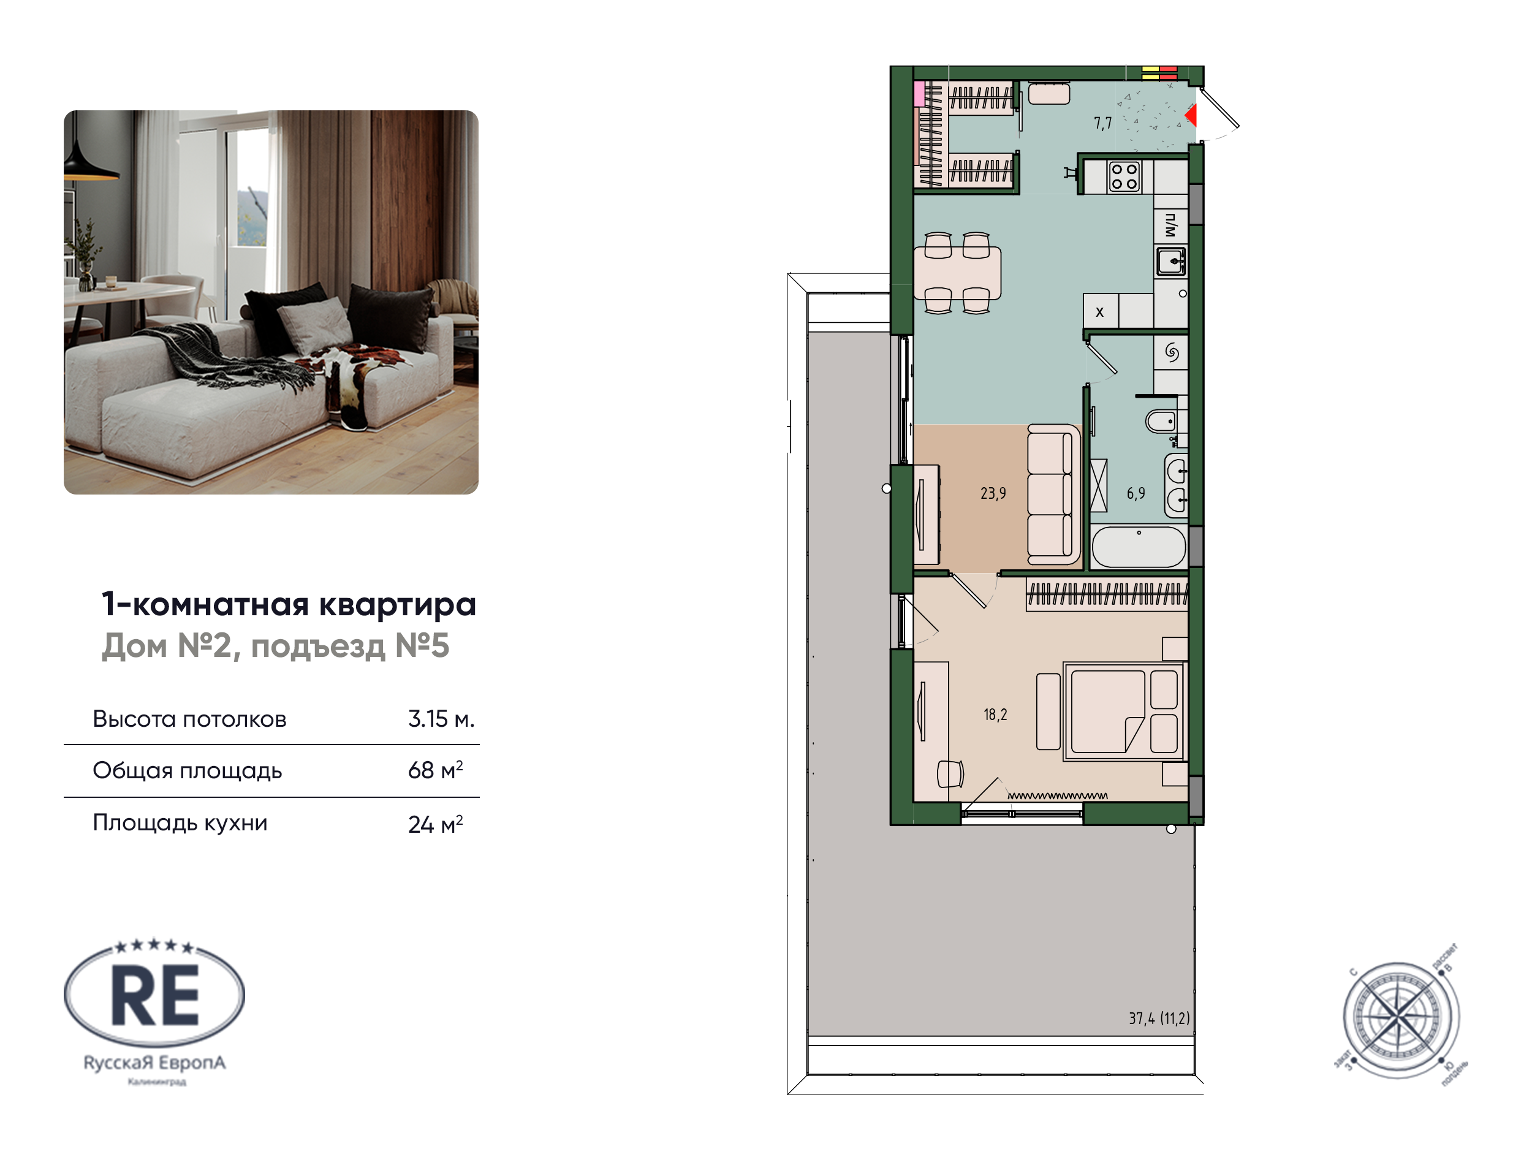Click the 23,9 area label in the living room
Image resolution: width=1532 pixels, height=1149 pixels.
point(993,493)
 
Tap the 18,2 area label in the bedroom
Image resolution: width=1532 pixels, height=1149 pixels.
point(995,714)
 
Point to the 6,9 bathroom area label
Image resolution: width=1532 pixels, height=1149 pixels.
point(1135,493)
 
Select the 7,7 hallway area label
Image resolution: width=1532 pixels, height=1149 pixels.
point(1102,123)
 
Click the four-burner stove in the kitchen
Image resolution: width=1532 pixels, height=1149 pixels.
point(1123,176)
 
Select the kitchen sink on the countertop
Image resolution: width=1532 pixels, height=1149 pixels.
point(1170,262)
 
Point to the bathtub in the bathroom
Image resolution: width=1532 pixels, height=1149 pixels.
point(1139,547)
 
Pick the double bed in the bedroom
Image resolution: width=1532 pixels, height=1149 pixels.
point(1122,711)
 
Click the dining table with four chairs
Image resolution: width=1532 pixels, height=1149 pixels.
point(957,273)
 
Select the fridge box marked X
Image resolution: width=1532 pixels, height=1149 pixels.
point(1099,313)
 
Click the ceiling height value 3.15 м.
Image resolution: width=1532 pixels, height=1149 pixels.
point(441,719)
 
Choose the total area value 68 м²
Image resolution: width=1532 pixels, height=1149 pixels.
point(435,770)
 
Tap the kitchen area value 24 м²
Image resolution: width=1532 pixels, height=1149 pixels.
point(435,824)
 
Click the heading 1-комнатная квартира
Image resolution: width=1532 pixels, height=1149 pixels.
point(289,604)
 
